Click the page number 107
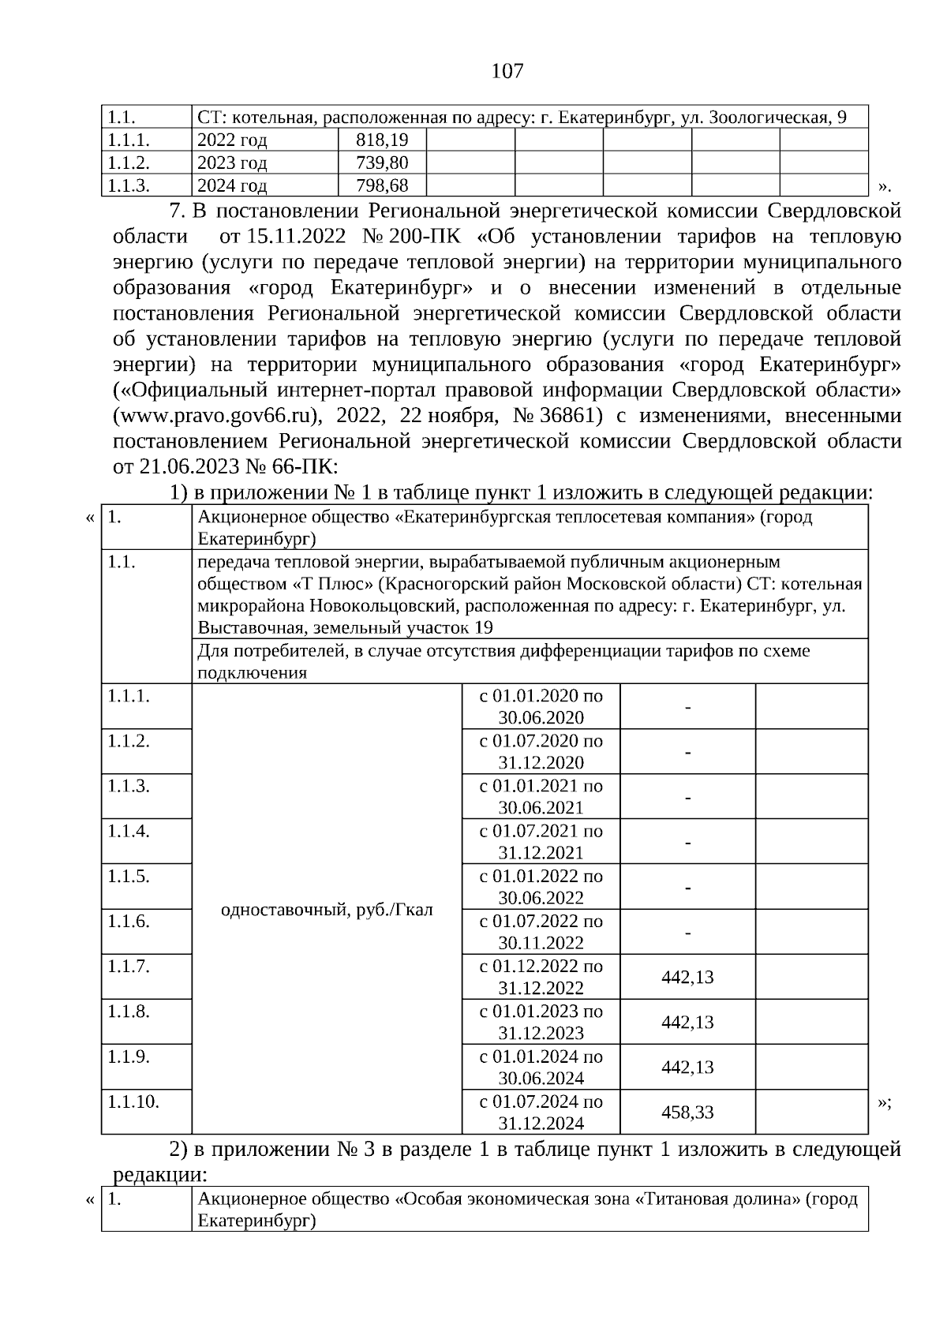click(x=507, y=72)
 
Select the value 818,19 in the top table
click(x=381, y=140)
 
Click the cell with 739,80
click(x=381, y=163)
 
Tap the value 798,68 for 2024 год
click(x=381, y=186)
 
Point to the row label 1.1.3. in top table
click(x=129, y=186)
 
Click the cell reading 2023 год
click(x=232, y=163)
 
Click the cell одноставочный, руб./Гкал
click(x=327, y=909)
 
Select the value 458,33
click(x=687, y=1113)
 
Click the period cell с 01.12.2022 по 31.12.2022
click(x=541, y=977)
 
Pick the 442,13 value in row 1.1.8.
click(x=687, y=1023)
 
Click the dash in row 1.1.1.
click(x=688, y=708)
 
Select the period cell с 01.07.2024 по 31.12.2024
click(x=541, y=1113)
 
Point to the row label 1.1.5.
click(x=129, y=877)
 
